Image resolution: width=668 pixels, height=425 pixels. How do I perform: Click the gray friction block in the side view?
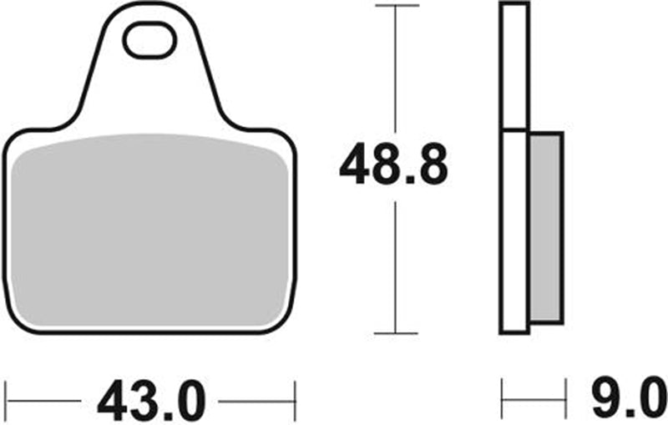click(546, 228)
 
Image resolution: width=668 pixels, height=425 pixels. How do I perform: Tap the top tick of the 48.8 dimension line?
click(395, 6)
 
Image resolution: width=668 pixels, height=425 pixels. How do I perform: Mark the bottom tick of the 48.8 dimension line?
click(395, 333)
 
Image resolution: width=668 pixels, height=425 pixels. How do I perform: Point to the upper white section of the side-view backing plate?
click(514, 67)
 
